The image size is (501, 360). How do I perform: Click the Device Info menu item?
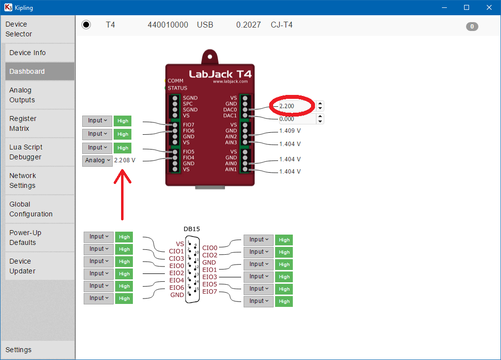click(x=28, y=53)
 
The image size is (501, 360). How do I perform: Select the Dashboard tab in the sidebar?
click(x=27, y=71)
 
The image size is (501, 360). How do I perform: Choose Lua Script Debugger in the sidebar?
click(x=26, y=152)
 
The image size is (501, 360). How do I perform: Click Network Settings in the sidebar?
click(x=23, y=180)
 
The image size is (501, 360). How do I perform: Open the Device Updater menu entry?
click(x=23, y=266)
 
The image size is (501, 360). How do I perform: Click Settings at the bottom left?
click(x=19, y=350)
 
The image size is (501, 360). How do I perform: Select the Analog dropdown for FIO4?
click(x=97, y=160)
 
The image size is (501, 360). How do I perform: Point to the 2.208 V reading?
click(x=125, y=160)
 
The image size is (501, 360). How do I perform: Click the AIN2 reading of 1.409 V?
click(x=290, y=131)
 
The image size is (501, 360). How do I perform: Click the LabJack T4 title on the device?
click(x=220, y=74)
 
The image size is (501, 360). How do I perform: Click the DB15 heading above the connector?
click(x=192, y=229)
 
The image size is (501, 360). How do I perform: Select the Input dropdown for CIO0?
click(x=258, y=240)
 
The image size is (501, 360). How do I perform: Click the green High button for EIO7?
click(x=284, y=301)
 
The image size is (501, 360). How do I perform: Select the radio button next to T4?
click(x=86, y=25)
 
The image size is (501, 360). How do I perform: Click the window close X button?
click(x=489, y=7)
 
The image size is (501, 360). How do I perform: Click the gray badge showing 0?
click(x=471, y=27)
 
